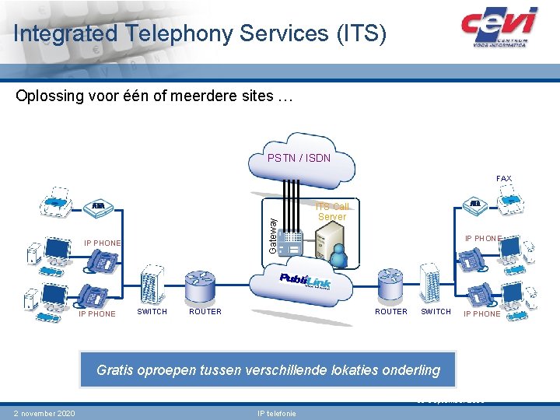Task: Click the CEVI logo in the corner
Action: click(x=499, y=27)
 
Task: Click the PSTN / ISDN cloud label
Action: click(x=299, y=158)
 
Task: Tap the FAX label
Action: click(x=504, y=179)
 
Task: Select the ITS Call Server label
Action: click(x=331, y=212)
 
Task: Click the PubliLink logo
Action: click(x=305, y=282)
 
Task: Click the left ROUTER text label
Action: click(x=205, y=312)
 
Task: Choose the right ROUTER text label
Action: click(x=390, y=312)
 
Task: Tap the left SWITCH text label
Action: click(x=152, y=312)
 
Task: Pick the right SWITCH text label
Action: click(x=436, y=312)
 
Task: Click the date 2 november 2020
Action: click(x=44, y=413)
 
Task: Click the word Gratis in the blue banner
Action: click(x=114, y=370)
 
